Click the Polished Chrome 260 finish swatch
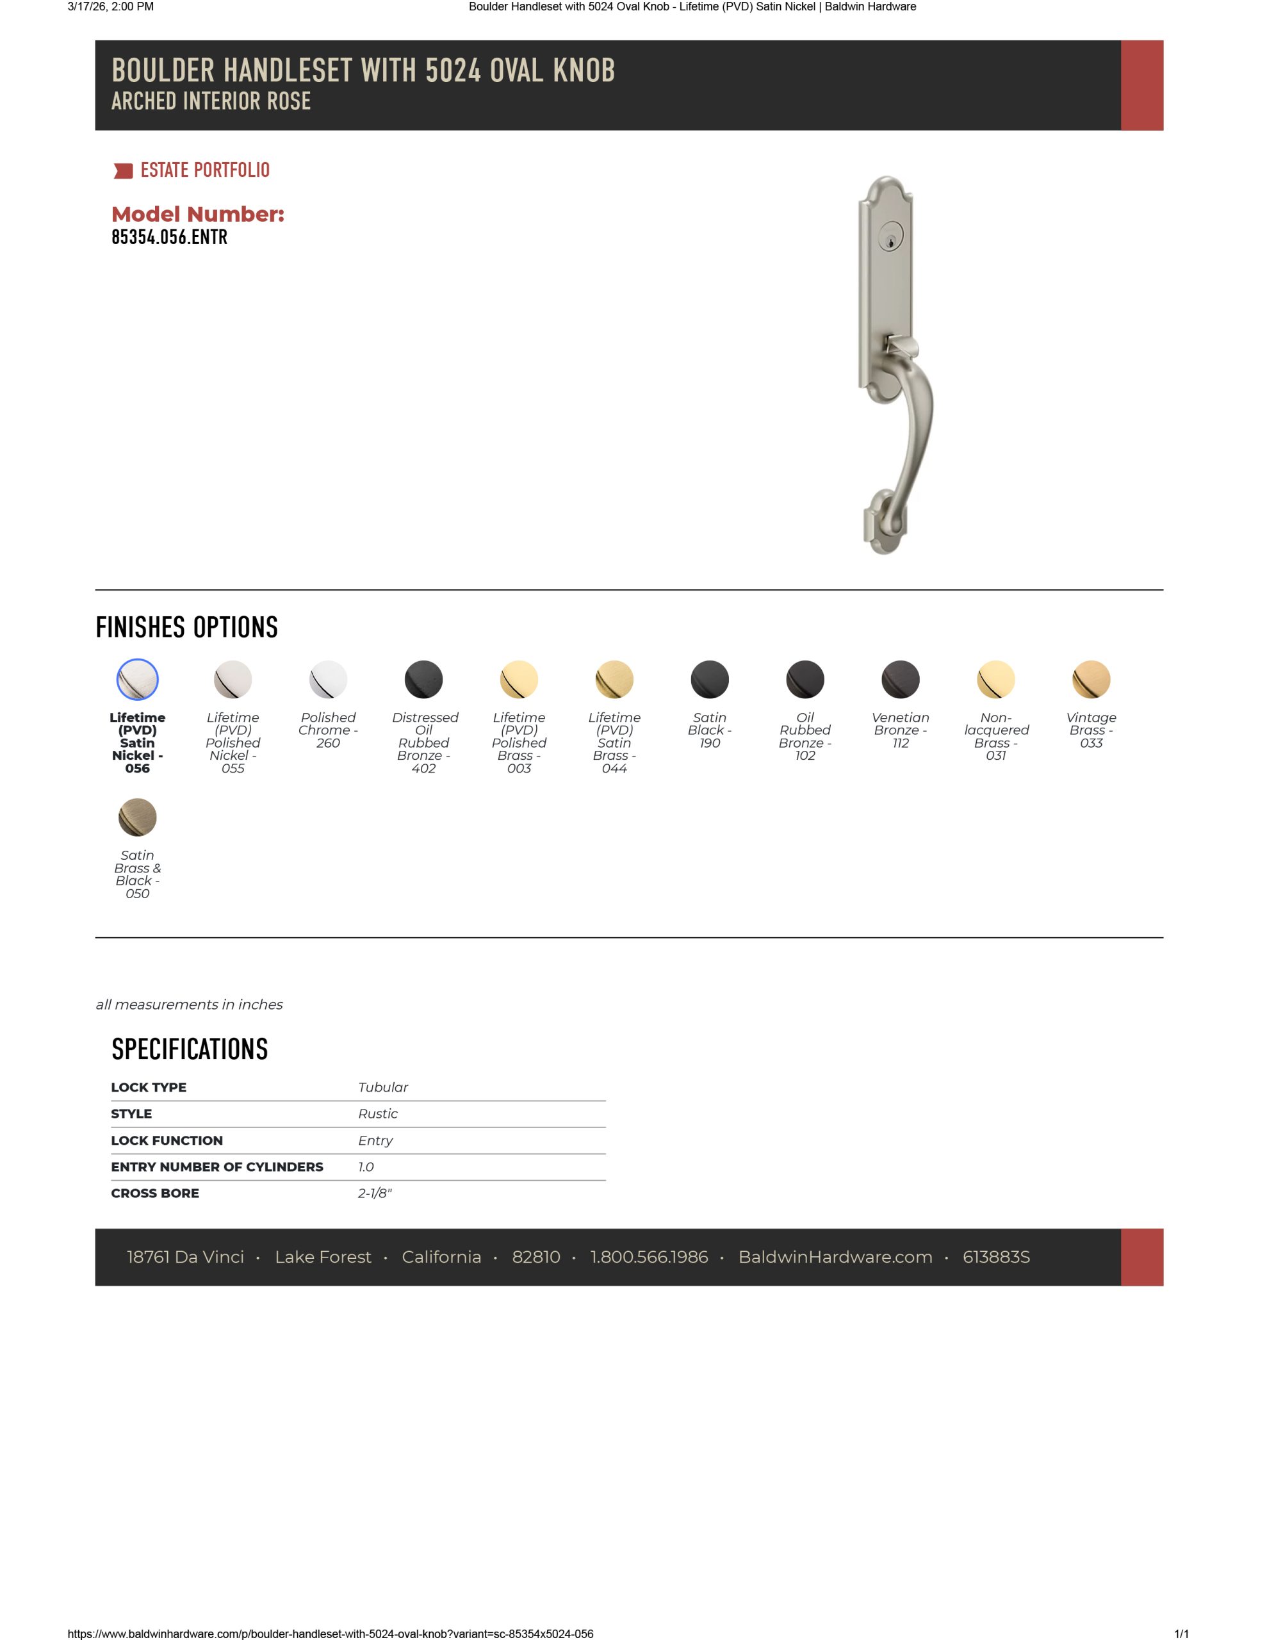click(x=328, y=680)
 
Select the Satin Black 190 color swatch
click(x=709, y=680)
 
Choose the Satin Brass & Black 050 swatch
click(x=138, y=817)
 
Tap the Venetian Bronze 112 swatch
click(x=900, y=680)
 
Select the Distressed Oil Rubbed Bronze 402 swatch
click(x=423, y=680)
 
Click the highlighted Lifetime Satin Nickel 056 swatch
click(x=138, y=680)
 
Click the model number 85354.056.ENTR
click(x=169, y=237)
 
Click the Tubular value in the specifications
click(x=383, y=1087)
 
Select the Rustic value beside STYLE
click(x=378, y=1113)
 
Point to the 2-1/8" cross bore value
click(x=375, y=1193)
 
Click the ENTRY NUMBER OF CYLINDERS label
click(x=217, y=1167)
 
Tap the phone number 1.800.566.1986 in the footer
click(x=649, y=1257)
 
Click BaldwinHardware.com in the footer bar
click(x=835, y=1257)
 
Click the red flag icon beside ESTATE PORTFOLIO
click(x=123, y=171)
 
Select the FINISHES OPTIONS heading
click(x=187, y=628)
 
